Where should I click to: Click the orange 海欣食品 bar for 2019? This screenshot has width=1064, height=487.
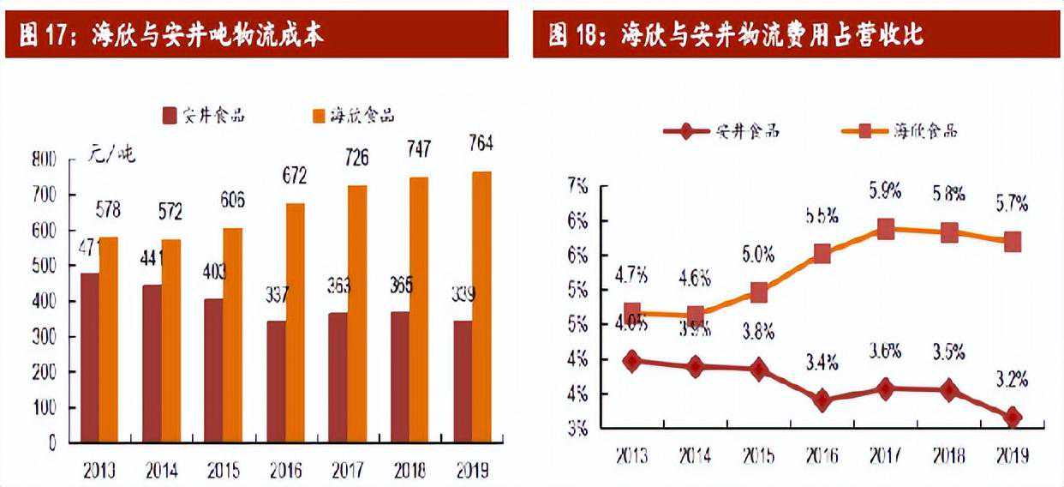pyautogui.click(x=482, y=307)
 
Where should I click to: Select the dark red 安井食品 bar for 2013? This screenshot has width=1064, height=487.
pyautogui.click(x=89, y=358)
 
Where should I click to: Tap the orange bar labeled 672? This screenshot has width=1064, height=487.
pyautogui.click(x=296, y=322)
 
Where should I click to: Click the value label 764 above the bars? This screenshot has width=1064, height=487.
pyautogui.click(x=481, y=144)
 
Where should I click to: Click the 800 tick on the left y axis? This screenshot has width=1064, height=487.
pyautogui.click(x=45, y=159)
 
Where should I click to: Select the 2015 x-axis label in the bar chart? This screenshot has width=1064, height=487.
pyautogui.click(x=224, y=470)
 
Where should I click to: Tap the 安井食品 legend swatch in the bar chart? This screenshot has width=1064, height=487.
pyautogui.click(x=170, y=116)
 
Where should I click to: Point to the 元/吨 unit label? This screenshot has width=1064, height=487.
pyautogui.click(x=112, y=154)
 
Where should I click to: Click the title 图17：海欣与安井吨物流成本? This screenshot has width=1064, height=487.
pyautogui.click(x=172, y=34)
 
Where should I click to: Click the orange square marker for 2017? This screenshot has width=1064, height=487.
pyautogui.click(x=886, y=229)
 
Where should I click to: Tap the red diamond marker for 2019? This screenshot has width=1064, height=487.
pyautogui.click(x=1013, y=417)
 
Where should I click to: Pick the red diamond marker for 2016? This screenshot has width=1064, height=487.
pyautogui.click(x=822, y=400)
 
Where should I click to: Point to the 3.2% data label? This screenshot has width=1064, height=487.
pyautogui.click(x=1011, y=379)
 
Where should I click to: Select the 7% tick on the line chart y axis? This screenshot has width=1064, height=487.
pyautogui.click(x=577, y=186)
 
